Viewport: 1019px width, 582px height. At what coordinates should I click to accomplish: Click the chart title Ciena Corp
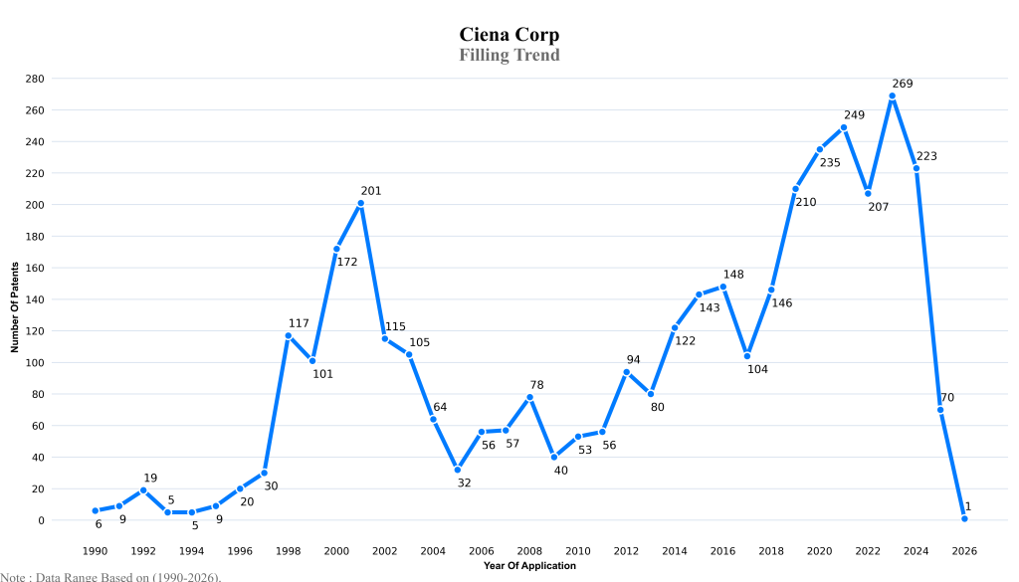(509, 35)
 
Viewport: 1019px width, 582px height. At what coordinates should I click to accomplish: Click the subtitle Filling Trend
(509, 55)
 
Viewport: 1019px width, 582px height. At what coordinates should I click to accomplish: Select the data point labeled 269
(892, 97)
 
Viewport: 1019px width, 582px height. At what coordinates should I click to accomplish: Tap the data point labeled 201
(360, 203)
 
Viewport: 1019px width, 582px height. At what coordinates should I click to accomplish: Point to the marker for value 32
(457, 470)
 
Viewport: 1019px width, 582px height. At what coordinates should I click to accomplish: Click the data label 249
(854, 115)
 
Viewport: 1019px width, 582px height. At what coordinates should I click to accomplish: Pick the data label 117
(299, 323)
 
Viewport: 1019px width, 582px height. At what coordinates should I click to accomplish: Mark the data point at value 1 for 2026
(964, 518)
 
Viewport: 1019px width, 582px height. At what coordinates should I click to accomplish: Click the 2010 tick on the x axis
(577, 550)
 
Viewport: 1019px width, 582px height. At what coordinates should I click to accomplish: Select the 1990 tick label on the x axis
(95, 550)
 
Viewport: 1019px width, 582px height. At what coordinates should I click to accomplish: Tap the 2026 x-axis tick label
(964, 550)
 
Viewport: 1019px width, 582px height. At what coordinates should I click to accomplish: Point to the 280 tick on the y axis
(35, 79)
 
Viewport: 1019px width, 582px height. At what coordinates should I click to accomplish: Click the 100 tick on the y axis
(35, 362)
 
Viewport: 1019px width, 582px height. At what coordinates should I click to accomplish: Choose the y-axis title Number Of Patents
(15, 299)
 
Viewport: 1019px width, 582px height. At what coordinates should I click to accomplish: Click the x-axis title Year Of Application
(529, 566)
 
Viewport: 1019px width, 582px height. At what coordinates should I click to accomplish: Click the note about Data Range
(110, 576)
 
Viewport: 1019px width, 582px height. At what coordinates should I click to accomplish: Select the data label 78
(536, 385)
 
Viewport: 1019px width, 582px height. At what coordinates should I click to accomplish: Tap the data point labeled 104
(746, 356)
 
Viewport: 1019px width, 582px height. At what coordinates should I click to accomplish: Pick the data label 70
(946, 398)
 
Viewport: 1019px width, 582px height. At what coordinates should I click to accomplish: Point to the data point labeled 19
(143, 490)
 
